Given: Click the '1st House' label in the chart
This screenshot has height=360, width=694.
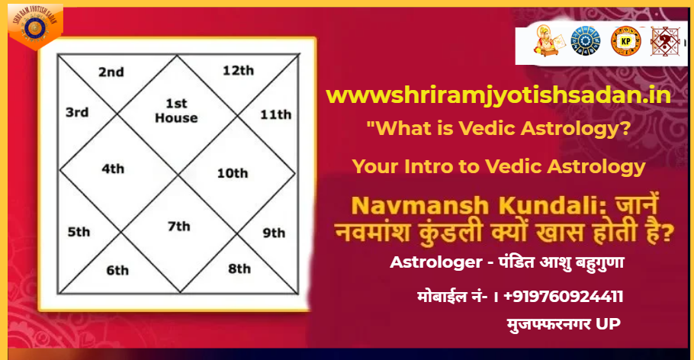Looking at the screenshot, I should pos(176,111).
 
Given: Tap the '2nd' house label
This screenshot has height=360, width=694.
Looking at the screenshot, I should pos(111,72).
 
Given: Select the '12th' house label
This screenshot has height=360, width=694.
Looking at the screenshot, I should pos(238,70).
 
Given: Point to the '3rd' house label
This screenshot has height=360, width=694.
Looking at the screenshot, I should pos(76,112).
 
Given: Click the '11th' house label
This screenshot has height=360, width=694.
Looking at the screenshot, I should pos(275,115).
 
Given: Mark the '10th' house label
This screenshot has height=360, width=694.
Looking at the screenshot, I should pos(232,173).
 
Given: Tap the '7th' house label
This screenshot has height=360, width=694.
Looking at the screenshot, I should pos(178,226).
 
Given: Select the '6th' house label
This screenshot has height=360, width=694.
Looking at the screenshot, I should pos(117,269).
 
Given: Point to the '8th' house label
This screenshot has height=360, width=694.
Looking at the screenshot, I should pos(239,268).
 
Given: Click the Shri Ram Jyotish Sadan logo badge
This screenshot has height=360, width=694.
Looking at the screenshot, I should pos(33,24).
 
